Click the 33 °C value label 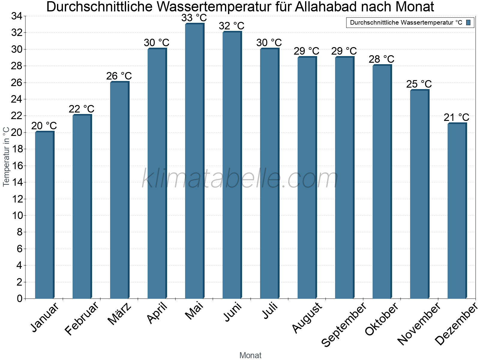point(194,18)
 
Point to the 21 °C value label point(457,117)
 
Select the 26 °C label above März point(119,76)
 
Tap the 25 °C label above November point(419,84)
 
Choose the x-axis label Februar point(82,319)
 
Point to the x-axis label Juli point(270,311)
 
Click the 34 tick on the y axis point(16,16)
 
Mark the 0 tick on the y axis point(20,298)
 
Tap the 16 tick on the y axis point(16,166)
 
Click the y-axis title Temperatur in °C point(6,157)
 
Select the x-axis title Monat point(250,355)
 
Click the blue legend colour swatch point(468,22)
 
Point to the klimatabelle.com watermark point(240,179)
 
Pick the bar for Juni point(232,165)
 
